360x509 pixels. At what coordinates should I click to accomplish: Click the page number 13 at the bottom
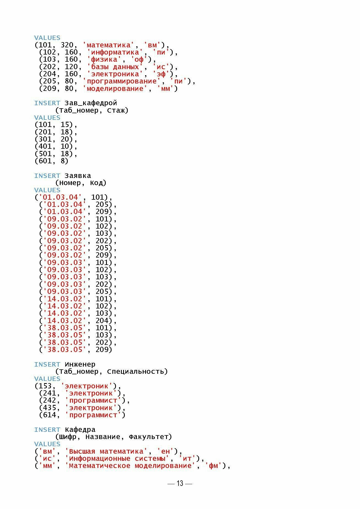click(x=180, y=483)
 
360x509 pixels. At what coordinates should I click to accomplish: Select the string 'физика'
click(x=104, y=59)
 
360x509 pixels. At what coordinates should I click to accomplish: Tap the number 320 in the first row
click(x=67, y=45)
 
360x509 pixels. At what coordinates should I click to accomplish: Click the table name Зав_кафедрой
click(x=91, y=103)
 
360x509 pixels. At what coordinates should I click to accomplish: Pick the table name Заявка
click(x=78, y=176)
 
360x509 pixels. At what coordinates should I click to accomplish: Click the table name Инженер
click(x=80, y=364)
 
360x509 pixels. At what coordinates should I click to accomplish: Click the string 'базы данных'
click(x=115, y=67)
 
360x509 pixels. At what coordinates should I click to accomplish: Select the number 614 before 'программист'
click(x=47, y=415)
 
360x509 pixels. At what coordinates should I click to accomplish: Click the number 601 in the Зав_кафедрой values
click(x=43, y=161)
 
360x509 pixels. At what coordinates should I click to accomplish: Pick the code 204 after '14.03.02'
click(x=102, y=321)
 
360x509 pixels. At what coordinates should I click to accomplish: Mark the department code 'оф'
click(x=139, y=59)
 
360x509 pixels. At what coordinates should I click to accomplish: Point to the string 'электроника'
click(x=115, y=74)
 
